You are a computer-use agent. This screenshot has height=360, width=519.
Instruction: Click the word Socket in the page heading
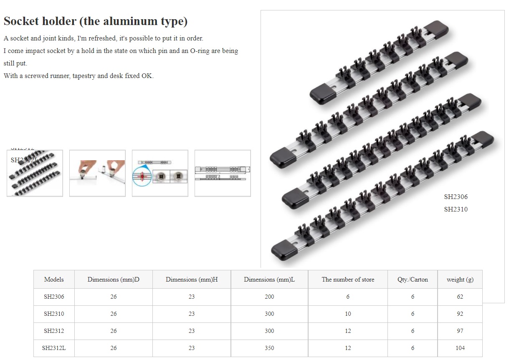21,21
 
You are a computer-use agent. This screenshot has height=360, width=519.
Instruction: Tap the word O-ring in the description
200,51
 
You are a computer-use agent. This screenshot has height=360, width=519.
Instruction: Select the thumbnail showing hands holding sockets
97,173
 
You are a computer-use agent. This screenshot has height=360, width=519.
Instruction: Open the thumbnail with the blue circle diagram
160,173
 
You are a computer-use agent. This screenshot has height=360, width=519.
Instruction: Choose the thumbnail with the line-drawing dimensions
223,173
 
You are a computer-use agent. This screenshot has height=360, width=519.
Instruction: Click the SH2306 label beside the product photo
456,197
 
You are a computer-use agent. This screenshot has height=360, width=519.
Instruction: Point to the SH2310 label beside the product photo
456,209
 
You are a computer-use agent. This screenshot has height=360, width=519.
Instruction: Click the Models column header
54,279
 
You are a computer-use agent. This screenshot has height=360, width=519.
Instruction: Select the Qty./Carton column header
413,279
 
